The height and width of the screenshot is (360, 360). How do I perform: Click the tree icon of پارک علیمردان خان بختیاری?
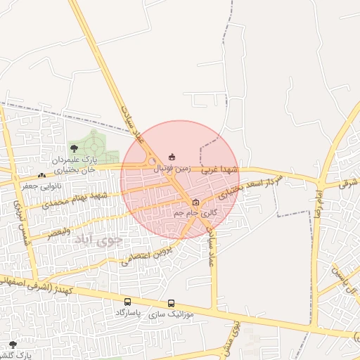tap(75, 148)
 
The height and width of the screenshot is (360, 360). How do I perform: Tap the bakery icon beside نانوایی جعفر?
tap(41, 175)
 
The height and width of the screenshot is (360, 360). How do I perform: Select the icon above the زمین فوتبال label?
tap(172, 157)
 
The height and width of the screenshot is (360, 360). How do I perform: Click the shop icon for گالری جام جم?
tap(195, 202)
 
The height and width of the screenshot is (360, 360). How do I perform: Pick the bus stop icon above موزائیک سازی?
tap(171, 304)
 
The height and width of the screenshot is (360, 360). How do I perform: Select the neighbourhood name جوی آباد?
tap(98, 239)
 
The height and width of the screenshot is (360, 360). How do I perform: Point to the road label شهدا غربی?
tap(220, 170)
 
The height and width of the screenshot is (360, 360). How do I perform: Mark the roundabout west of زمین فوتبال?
tap(152, 164)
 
